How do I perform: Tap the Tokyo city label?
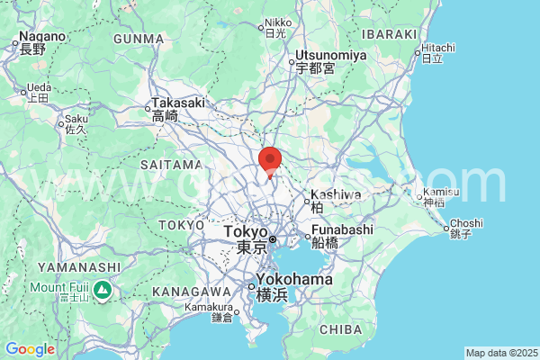[247, 232]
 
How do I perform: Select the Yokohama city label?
[293, 280]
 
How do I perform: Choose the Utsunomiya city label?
[331, 56]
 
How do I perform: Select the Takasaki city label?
[178, 103]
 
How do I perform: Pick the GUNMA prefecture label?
[140, 39]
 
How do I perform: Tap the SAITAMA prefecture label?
[171, 165]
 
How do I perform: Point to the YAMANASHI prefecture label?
[78, 267]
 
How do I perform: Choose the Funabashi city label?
[342, 230]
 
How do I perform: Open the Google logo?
[30, 349]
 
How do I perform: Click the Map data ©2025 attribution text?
[501, 352]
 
